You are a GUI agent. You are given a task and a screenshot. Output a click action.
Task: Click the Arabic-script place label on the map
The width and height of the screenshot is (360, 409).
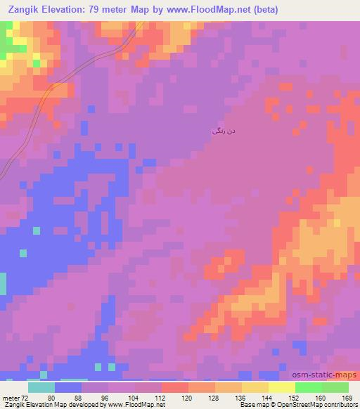coord(219,131)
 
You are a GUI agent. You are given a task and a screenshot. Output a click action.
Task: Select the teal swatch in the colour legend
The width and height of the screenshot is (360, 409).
coord(41,387)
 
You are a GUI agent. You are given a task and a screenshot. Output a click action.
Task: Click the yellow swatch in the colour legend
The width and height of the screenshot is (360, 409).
coord(281,387)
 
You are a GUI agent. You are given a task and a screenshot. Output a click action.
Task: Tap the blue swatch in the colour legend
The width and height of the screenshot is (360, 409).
coord(68,387)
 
